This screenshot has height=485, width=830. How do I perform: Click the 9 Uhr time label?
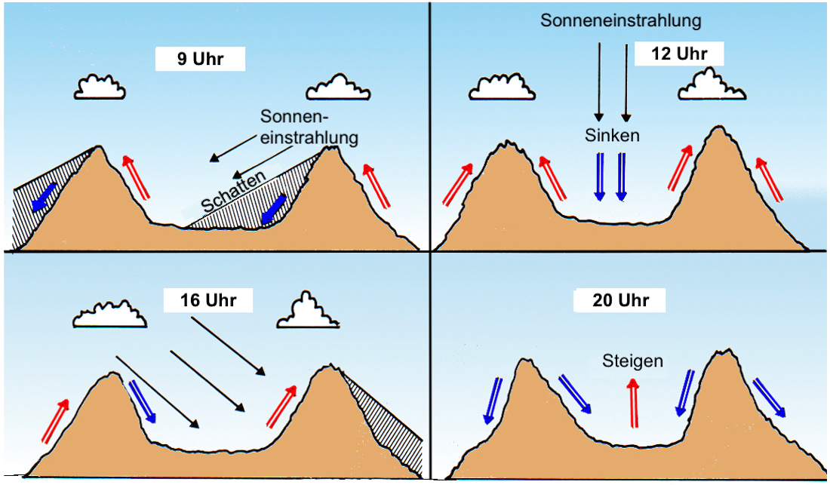(x=201, y=59)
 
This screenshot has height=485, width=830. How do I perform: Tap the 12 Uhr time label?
(x=678, y=54)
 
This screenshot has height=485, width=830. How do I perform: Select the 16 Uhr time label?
(x=207, y=300)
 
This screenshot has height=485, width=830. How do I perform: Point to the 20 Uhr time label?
(x=620, y=301)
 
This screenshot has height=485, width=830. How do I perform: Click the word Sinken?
(x=612, y=136)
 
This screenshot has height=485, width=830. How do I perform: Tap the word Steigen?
(x=632, y=361)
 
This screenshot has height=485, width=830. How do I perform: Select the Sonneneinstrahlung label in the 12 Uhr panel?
(x=620, y=20)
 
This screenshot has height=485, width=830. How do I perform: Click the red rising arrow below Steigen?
(x=632, y=403)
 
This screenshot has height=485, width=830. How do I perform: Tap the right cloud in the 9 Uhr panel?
(x=339, y=88)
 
